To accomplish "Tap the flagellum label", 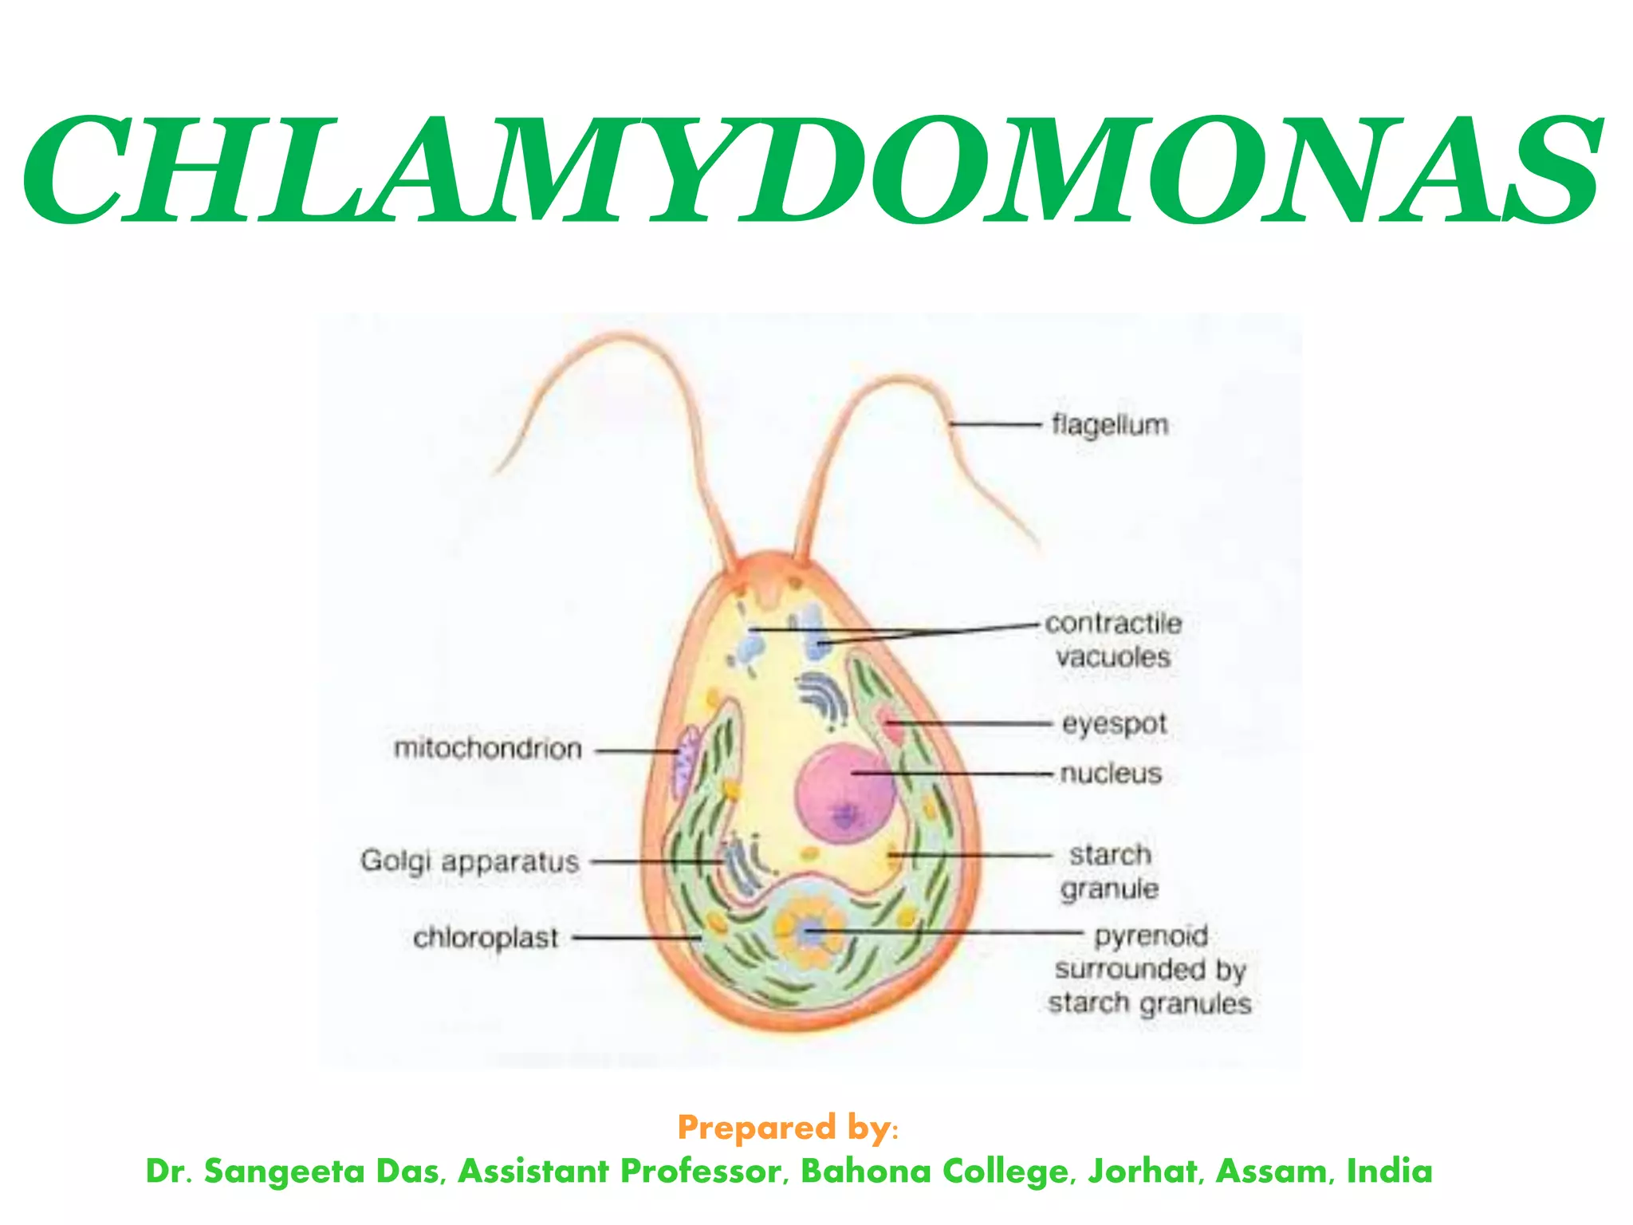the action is click(x=1109, y=424).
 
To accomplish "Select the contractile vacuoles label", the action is click(x=1113, y=640).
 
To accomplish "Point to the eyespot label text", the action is click(x=1114, y=724).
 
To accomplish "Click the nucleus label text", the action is click(x=1111, y=773).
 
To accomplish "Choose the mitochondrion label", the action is click(x=488, y=748).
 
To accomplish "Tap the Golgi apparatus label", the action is click(x=470, y=861).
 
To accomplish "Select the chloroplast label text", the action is click(x=486, y=937).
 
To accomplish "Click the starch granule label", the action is click(x=1110, y=871).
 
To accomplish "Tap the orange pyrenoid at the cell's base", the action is click(x=810, y=930).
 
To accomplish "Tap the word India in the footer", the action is click(x=1389, y=1171).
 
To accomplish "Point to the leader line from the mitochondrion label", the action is click(x=636, y=750).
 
